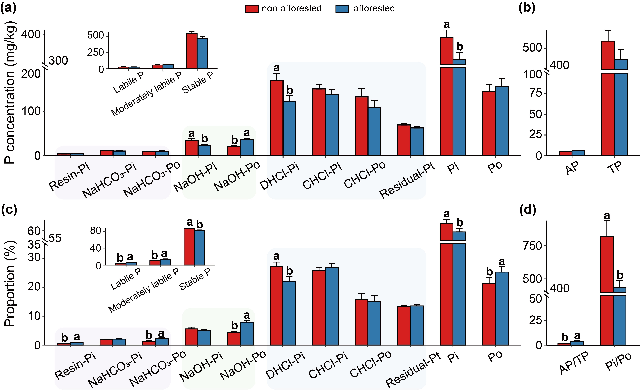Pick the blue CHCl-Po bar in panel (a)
374,131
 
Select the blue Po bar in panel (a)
502,121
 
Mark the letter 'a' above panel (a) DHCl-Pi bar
276,68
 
